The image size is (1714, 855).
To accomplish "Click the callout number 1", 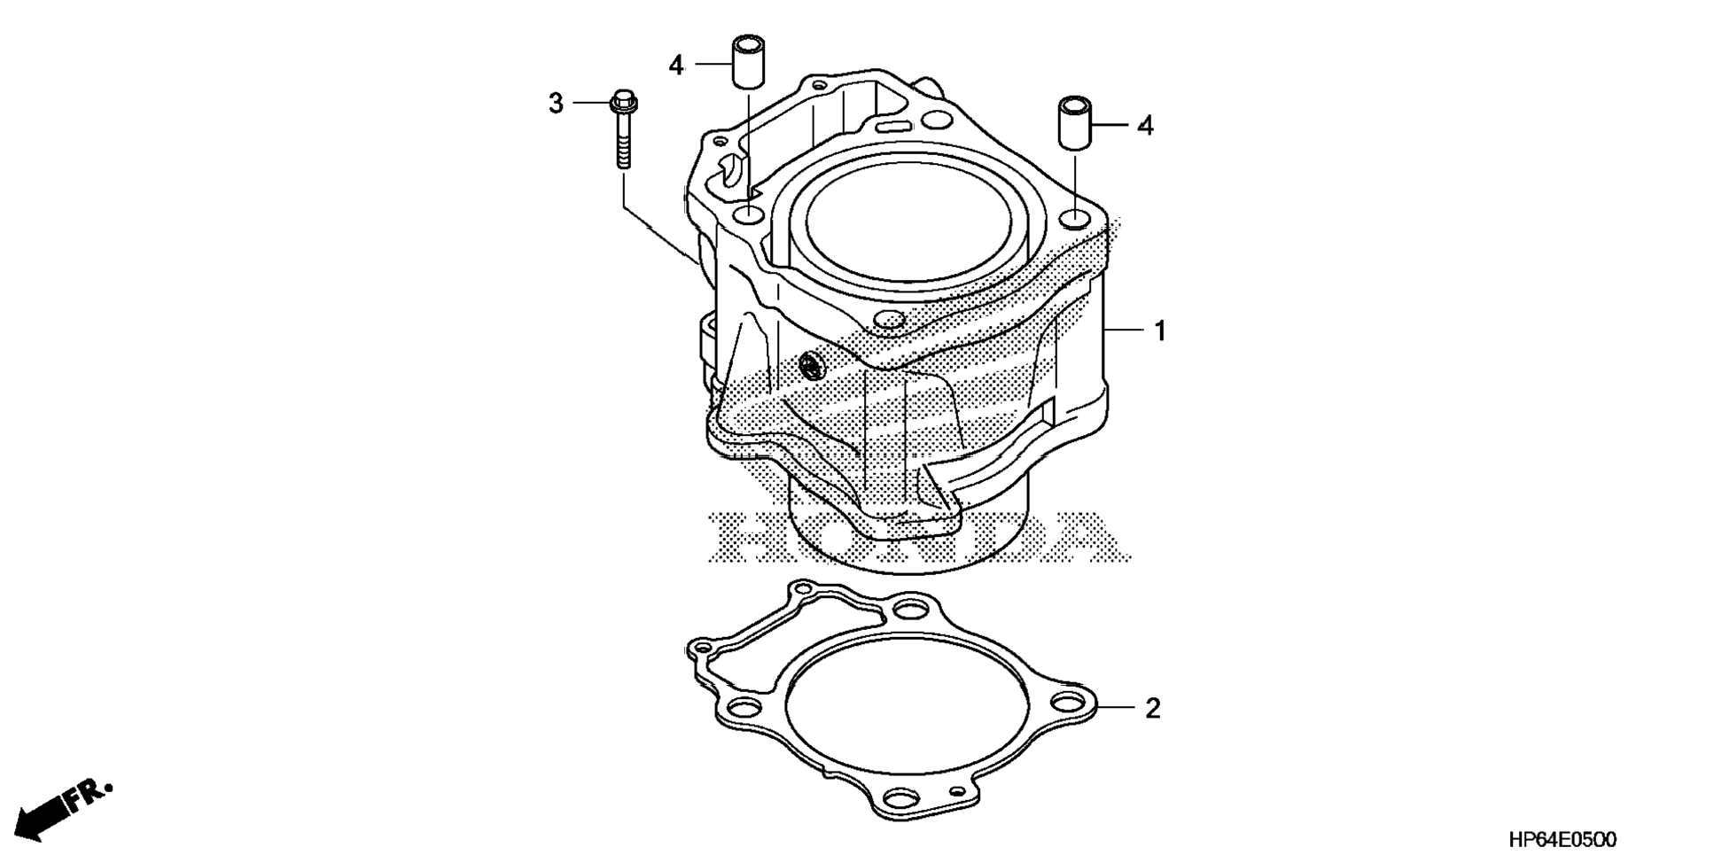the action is coord(1159,331).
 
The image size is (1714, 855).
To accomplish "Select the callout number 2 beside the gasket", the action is coord(1152,708).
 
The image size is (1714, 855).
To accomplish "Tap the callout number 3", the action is coord(556,104).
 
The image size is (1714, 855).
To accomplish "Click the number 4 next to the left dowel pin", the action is coord(676,65).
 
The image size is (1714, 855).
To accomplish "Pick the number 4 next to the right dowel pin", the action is coord(1145,126).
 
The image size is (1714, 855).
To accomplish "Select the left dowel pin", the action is coord(747,61).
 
